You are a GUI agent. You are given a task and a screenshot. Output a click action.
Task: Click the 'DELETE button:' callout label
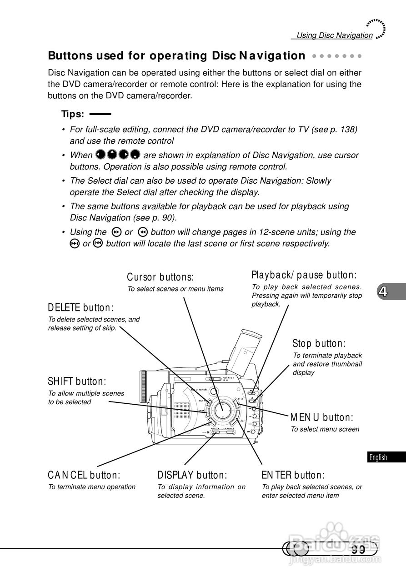tap(80, 307)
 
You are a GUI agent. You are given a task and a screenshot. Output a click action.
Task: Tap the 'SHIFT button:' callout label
tap(77, 381)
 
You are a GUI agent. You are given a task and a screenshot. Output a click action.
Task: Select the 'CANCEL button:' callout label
tap(84, 475)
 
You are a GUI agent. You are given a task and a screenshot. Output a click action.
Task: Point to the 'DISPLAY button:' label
tap(192, 475)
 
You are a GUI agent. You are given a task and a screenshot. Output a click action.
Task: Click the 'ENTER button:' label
tap(293, 475)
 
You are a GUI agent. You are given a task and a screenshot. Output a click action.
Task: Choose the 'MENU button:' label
tap(321, 417)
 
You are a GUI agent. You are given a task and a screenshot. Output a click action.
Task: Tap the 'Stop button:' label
tap(319, 343)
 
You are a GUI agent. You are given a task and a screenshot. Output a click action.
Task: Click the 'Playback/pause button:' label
tap(304, 275)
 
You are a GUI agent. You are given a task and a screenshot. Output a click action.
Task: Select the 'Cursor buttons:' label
tap(160, 277)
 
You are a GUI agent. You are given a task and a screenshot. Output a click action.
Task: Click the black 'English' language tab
tap(378, 457)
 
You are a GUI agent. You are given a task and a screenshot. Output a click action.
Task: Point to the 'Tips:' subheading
tap(73, 113)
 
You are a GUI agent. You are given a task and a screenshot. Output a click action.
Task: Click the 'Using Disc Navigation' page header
tap(334, 35)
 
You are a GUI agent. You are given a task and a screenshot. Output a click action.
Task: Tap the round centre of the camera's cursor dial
tap(222, 407)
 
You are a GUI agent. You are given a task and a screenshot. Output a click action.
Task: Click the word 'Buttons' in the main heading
tap(69, 56)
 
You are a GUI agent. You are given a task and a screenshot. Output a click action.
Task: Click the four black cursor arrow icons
tap(118, 156)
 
